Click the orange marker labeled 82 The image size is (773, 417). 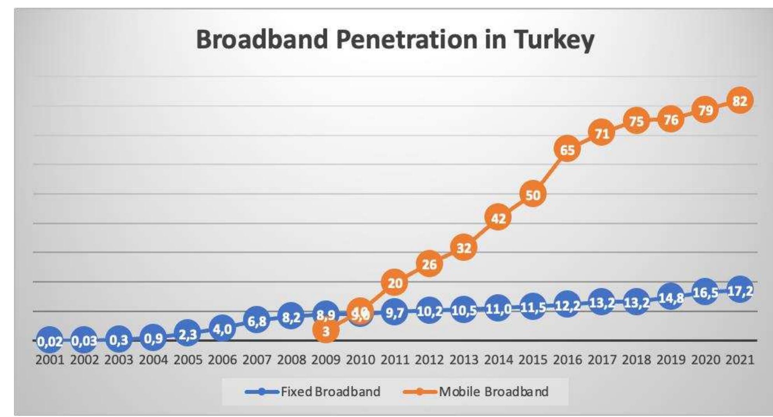(740, 101)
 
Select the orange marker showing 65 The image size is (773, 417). (567, 150)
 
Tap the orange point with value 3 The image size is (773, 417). (326, 331)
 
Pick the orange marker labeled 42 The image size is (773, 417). (498, 218)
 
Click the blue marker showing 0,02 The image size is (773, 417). (49, 341)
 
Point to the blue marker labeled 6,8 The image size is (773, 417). (257, 321)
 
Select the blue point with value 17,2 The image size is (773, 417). (740, 290)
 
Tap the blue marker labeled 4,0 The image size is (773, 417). (222, 329)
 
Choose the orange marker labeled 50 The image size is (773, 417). (533, 195)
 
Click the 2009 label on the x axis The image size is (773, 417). (326, 360)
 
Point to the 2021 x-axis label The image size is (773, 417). (740, 360)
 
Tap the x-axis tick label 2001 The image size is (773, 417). (49, 360)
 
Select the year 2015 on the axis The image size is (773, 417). (533, 360)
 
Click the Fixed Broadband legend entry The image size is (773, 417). (330, 391)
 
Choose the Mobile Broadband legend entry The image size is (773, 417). (493, 391)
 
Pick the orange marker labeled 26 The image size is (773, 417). (429, 264)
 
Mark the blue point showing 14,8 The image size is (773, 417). (671, 298)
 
